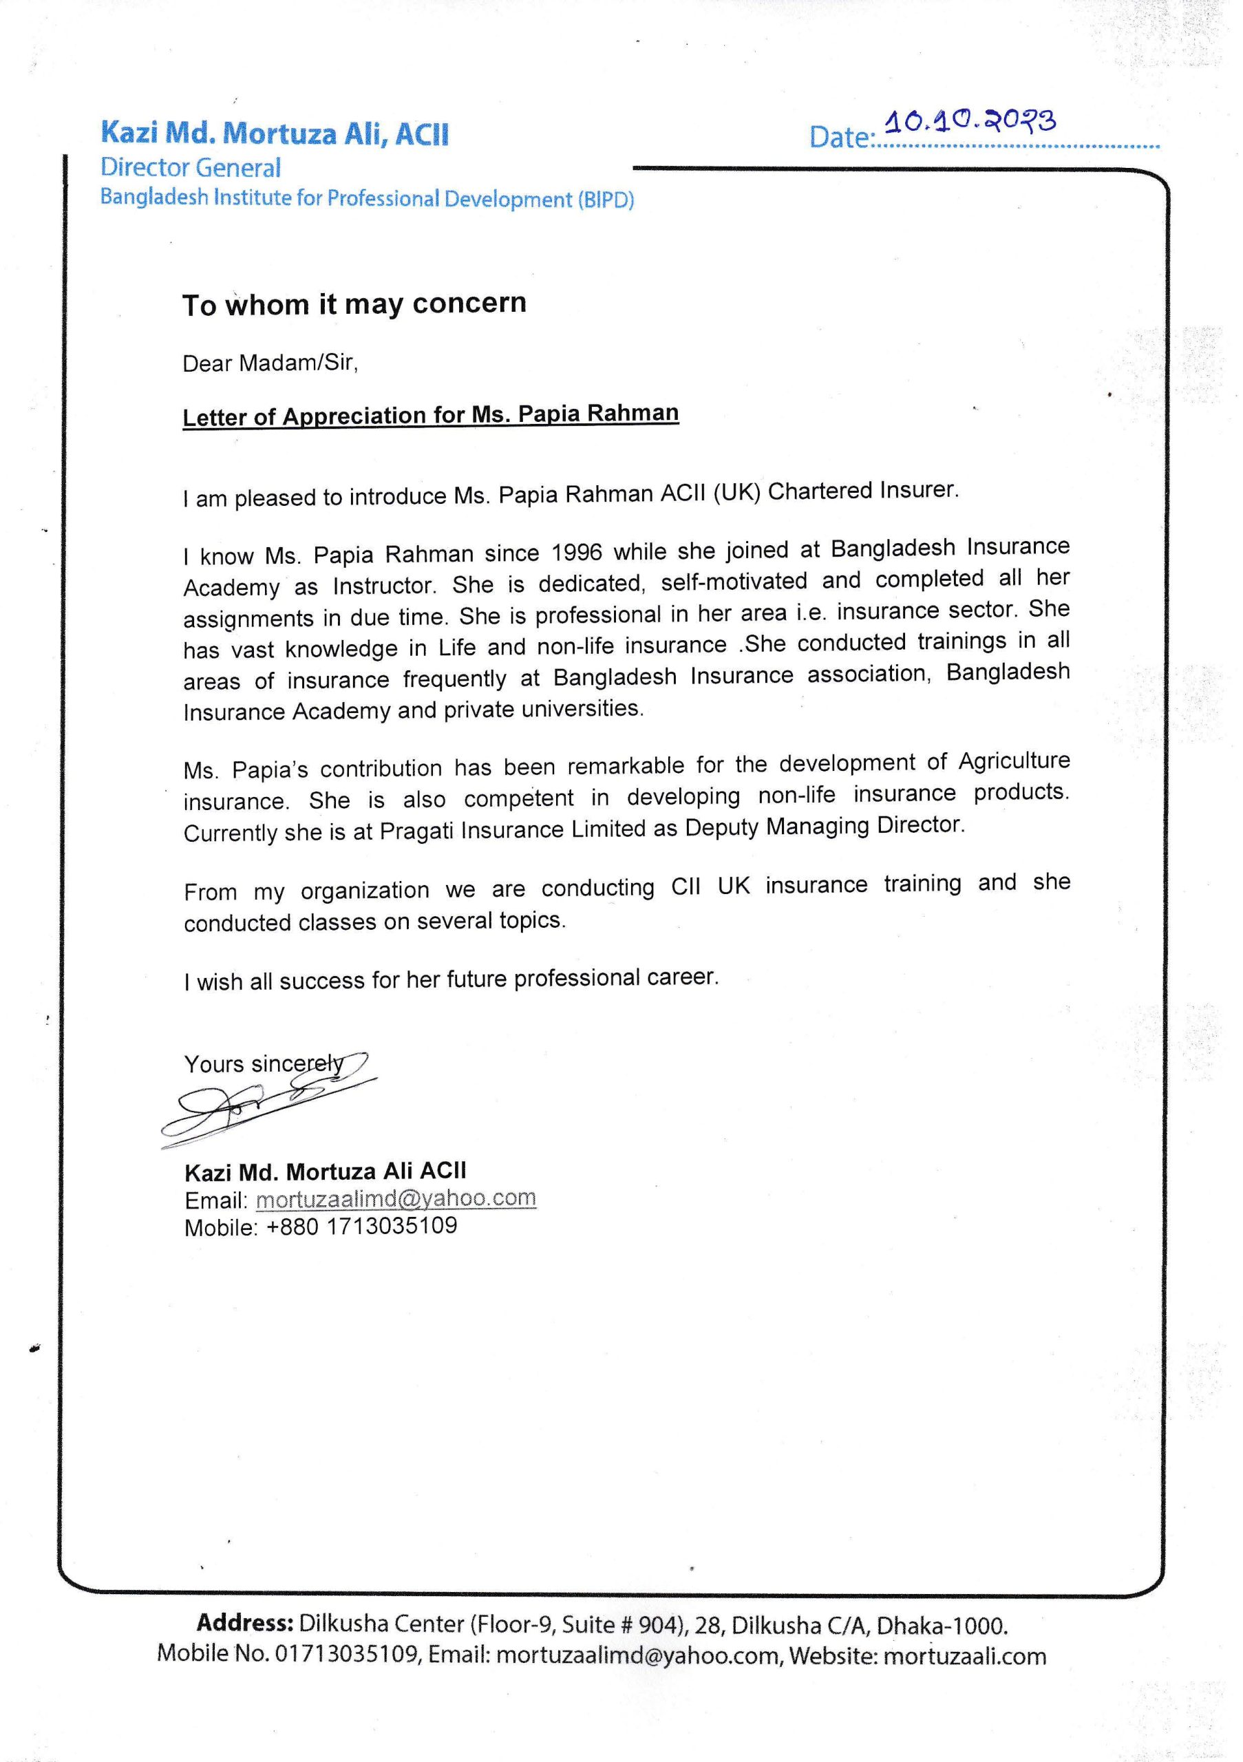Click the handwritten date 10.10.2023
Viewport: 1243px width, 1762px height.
970,123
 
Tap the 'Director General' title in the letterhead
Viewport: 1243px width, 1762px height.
191,168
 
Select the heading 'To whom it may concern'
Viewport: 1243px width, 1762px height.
354,304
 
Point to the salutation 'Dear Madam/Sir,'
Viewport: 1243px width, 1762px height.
270,363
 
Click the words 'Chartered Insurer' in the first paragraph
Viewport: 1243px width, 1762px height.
862,491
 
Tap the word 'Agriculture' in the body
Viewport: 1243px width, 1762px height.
1014,761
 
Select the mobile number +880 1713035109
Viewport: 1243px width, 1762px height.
361,1226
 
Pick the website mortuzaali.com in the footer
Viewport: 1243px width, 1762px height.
964,1655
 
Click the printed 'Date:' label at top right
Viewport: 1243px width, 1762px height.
842,138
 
